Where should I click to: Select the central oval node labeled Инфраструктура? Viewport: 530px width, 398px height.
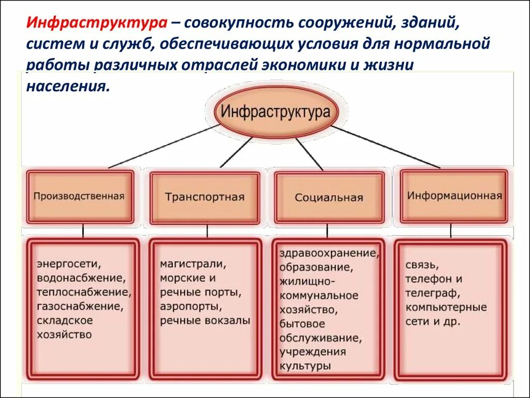coord(275,112)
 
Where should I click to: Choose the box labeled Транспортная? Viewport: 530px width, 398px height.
coord(204,197)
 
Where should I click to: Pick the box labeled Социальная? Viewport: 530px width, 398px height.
coord(329,197)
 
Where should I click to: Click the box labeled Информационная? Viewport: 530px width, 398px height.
coord(454,196)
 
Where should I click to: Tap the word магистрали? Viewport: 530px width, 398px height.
coord(193,264)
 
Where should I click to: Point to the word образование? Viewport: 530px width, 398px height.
coord(316,267)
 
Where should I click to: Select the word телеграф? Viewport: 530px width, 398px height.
coord(432,293)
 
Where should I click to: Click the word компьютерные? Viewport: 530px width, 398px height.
coord(446,307)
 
